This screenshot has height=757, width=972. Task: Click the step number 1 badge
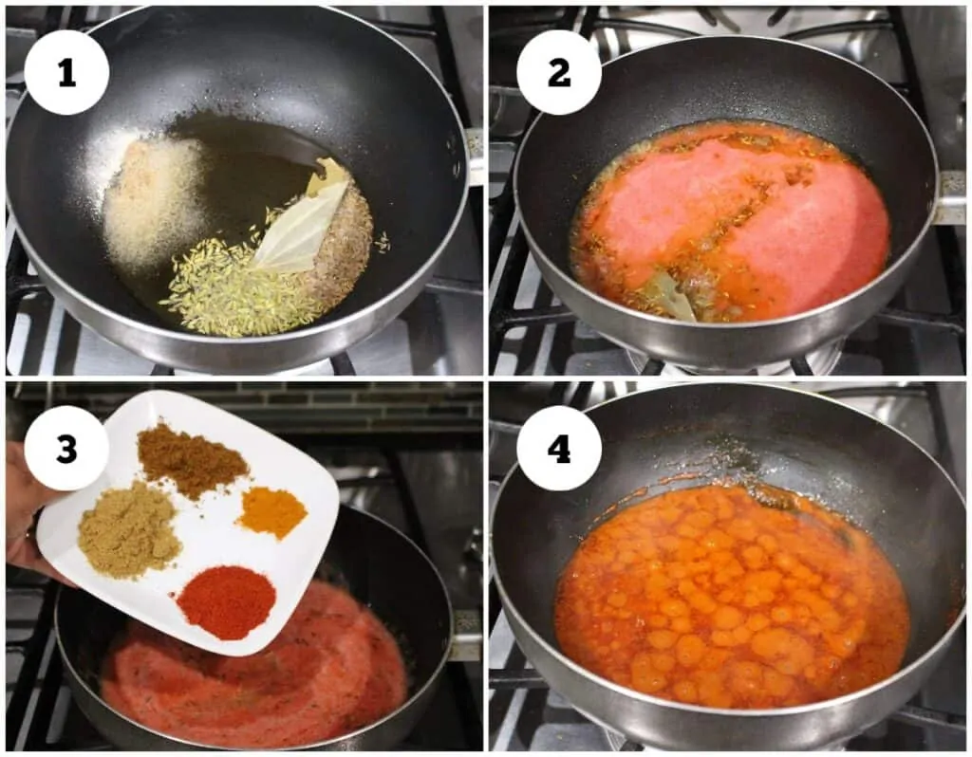tap(67, 73)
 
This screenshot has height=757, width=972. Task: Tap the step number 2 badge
tap(559, 73)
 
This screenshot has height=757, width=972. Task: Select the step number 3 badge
tap(67, 448)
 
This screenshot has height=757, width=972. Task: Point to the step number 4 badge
tap(559, 448)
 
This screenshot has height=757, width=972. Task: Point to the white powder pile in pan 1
tap(152, 198)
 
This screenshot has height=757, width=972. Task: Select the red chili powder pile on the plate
tap(226, 601)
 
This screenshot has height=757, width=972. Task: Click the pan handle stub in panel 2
tap(950, 198)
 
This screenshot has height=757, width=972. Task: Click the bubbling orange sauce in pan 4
tap(732, 598)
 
